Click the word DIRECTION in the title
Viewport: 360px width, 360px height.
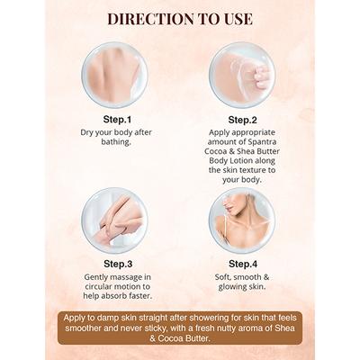point(150,19)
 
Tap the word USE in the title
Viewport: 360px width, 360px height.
point(236,19)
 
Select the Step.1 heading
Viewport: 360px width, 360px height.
point(117,120)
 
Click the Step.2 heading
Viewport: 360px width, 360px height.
point(242,120)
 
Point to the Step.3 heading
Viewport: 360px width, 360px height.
point(118,264)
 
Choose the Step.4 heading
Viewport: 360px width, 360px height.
point(243,264)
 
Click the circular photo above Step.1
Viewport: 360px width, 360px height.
point(114,75)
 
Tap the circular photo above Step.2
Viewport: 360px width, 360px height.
point(242,75)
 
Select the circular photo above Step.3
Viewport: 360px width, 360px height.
point(114,220)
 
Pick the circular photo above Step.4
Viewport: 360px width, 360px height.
point(242,220)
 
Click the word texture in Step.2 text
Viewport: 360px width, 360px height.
point(252,170)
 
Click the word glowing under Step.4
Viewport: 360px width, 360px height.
point(230,287)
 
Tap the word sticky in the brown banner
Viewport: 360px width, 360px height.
point(169,328)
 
